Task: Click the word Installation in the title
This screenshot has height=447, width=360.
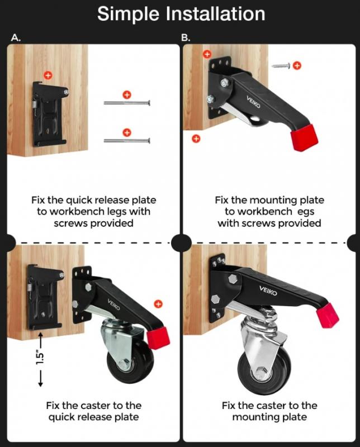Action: click(215, 13)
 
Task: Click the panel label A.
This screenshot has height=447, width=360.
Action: click(16, 37)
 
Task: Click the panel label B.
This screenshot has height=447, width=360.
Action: click(186, 37)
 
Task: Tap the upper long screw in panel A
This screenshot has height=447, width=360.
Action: click(127, 103)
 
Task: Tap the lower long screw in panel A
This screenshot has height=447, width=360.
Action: click(127, 140)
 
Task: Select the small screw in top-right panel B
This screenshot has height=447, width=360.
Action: click(281, 66)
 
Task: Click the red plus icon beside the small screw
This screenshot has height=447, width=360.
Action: click(297, 65)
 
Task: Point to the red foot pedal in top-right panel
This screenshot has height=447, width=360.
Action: click(304, 137)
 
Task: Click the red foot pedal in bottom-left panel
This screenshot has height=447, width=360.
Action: click(158, 338)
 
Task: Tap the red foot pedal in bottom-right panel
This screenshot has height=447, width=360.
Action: click(328, 316)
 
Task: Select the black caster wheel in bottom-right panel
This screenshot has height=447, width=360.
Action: click(264, 370)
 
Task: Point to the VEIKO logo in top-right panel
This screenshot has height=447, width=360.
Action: click(253, 102)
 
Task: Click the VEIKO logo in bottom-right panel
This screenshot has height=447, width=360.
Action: click(268, 291)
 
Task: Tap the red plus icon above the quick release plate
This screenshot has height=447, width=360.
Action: click(48, 75)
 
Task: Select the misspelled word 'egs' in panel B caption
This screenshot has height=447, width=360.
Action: click(306, 212)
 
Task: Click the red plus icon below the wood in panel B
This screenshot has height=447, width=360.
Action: click(196, 139)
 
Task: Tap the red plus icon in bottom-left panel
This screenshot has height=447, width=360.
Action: click(158, 304)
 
